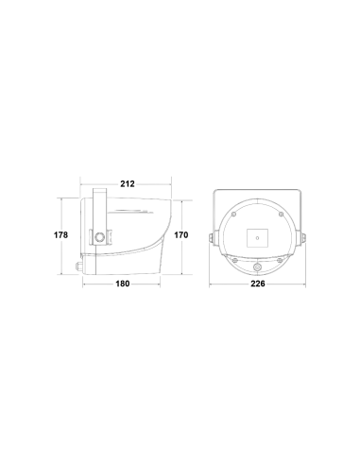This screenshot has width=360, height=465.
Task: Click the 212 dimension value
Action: [128, 183]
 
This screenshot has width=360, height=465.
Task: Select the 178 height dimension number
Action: [60, 235]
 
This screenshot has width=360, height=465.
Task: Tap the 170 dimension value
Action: [181, 235]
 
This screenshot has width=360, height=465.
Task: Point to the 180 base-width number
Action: [123, 284]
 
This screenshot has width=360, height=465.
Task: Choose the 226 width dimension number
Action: [258, 284]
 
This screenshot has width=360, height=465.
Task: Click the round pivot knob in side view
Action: [100, 237]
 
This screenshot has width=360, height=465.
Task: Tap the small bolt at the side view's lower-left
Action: [78, 266]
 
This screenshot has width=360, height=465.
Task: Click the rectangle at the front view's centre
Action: [257, 238]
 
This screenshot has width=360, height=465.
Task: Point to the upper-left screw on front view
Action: [233, 215]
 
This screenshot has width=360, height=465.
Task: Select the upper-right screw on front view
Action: [281, 215]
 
